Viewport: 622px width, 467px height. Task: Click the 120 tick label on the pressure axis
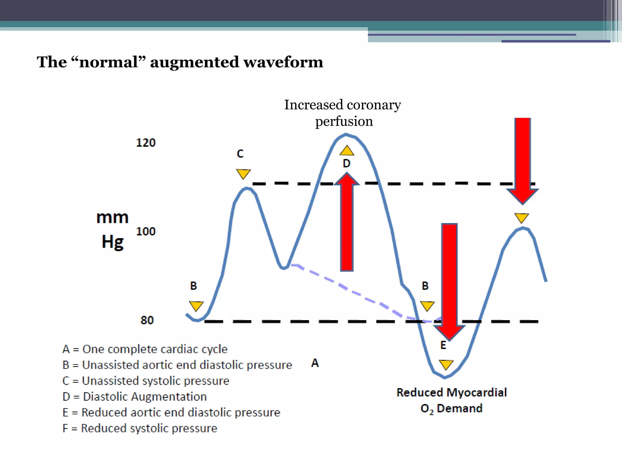pyautogui.click(x=146, y=143)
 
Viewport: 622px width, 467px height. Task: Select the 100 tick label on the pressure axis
pyautogui.click(x=146, y=231)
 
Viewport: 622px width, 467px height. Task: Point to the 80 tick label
pyautogui.click(x=147, y=320)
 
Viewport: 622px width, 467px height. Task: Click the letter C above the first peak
pyautogui.click(x=240, y=154)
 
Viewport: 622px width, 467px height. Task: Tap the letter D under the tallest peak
pyautogui.click(x=347, y=164)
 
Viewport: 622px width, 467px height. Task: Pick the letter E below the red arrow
pyautogui.click(x=443, y=345)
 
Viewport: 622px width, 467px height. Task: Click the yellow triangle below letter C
pyautogui.click(x=243, y=174)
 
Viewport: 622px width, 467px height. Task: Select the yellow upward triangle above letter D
pyautogui.click(x=347, y=151)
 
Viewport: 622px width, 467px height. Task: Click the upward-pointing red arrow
pyautogui.click(x=347, y=222)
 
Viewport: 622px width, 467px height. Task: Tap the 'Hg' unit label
pyautogui.click(x=113, y=242)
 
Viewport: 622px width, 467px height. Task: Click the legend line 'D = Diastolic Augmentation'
pyautogui.click(x=135, y=396)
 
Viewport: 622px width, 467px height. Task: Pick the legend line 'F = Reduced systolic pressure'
pyautogui.click(x=140, y=428)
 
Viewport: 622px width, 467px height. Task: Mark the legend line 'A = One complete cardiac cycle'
pyautogui.click(x=145, y=349)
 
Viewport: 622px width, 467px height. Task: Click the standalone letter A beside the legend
pyautogui.click(x=315, y=363)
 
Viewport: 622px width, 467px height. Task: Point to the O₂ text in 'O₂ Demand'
pyautogui.click(x=427, y=409)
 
